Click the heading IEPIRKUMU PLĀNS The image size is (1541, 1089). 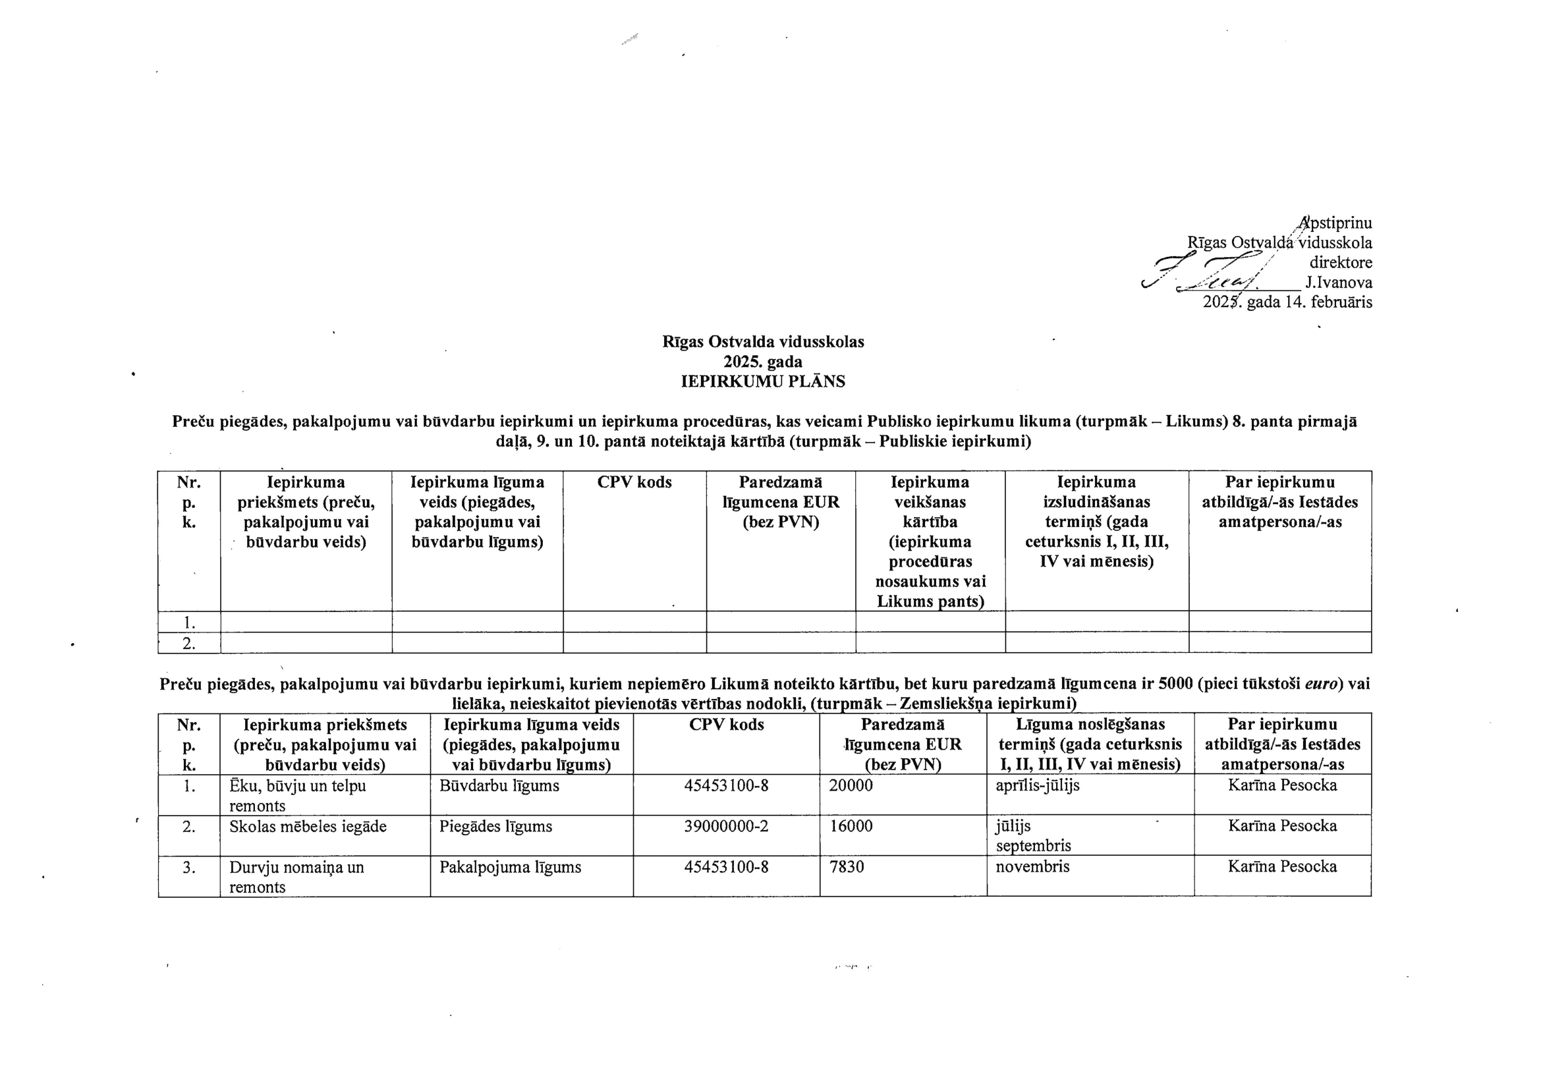(762, 382)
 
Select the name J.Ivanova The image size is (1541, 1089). (1337, 283)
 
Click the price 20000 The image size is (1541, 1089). (851, 786)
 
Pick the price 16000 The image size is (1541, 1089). (851, 826)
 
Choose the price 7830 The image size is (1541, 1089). (847, 867)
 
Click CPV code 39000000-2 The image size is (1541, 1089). (726, 826)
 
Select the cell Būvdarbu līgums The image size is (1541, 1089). (499, 786)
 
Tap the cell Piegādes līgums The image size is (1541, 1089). (495, 826)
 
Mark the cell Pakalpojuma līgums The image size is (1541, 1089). (510, 867)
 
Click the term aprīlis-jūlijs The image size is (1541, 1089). (1037, 785)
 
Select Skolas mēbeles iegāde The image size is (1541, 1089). (308, 826)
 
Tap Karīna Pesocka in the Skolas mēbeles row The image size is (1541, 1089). (1282, 826)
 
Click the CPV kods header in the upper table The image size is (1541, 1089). (634, 482)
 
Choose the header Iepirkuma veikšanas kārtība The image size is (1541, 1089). (930, 541)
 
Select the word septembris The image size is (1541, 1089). (1033, 845)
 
